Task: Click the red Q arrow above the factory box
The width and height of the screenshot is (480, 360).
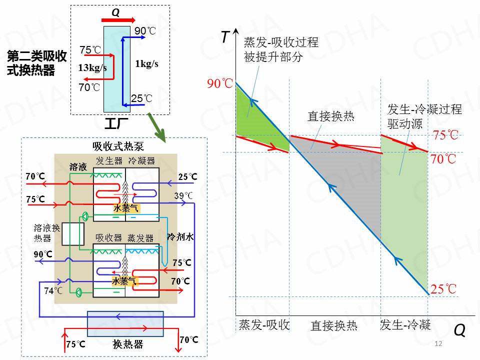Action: coord(118,20)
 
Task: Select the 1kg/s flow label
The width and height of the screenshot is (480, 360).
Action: coord(146,63)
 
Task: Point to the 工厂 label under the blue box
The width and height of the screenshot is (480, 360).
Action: coord(116,122)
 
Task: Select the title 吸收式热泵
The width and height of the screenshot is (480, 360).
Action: coord(118,146)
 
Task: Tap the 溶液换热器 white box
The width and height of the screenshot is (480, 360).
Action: coord(72,234)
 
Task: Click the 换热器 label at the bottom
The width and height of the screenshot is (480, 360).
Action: coord(128,344)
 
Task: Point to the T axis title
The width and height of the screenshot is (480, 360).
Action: coord(225,37)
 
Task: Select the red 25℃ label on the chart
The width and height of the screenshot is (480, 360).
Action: coord(443,289)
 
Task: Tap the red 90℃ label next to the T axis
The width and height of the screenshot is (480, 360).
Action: coord(220,83)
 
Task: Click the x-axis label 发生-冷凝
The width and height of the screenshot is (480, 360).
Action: coord(405,325)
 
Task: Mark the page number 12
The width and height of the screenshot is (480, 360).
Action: coord(439,343)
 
